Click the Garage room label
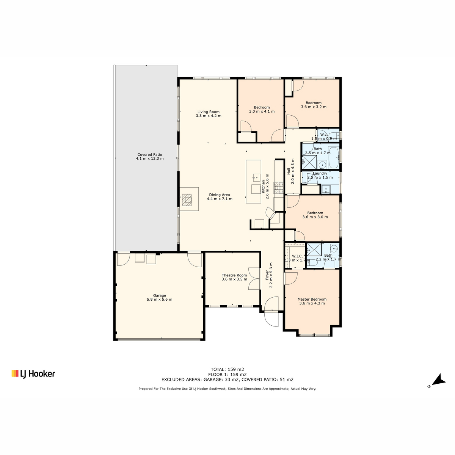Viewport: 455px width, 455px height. [159, 297]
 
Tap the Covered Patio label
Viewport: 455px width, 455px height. [150, 157]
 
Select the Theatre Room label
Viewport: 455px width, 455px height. [234, 277]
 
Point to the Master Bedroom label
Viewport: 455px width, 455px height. [312, 301]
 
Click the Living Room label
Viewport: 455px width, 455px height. [209, 114]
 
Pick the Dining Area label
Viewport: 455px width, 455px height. [220, 197]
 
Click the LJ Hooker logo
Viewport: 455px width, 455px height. [33, 374]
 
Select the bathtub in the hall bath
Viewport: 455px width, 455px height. [334, 157]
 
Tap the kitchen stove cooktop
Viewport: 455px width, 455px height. [278, 188]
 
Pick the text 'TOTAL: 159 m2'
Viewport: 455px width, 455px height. [227, 369]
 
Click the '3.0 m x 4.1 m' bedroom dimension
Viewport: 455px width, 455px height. [262, 111]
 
